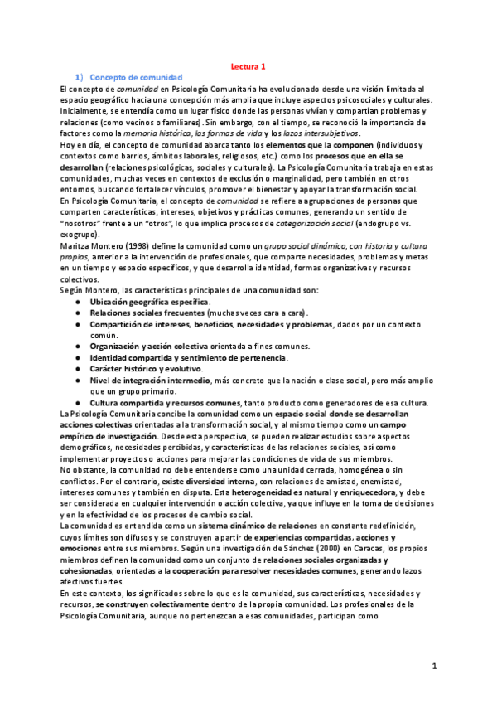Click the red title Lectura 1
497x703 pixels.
(248, 65)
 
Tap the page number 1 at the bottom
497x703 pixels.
(433, 667)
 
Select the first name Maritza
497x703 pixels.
(78, 248)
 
